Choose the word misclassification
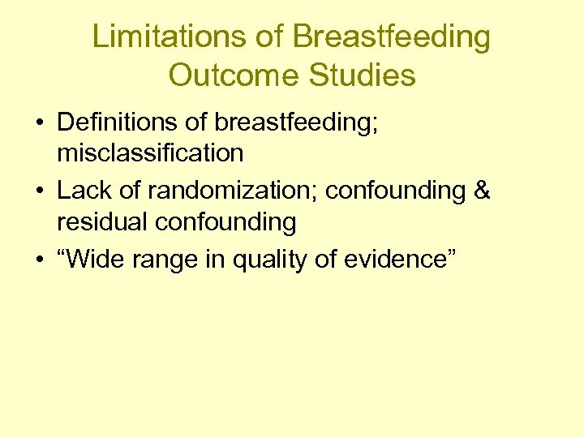pyautogui.click(x=150, y=152)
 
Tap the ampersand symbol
pyautogui.click(x=481, y=191)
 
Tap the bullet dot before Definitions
pyautogui.click(x=39, y=122)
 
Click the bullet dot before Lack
pyautogui.click(x=39, y=191)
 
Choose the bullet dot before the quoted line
pyautogui.click(x=39, y=260)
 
